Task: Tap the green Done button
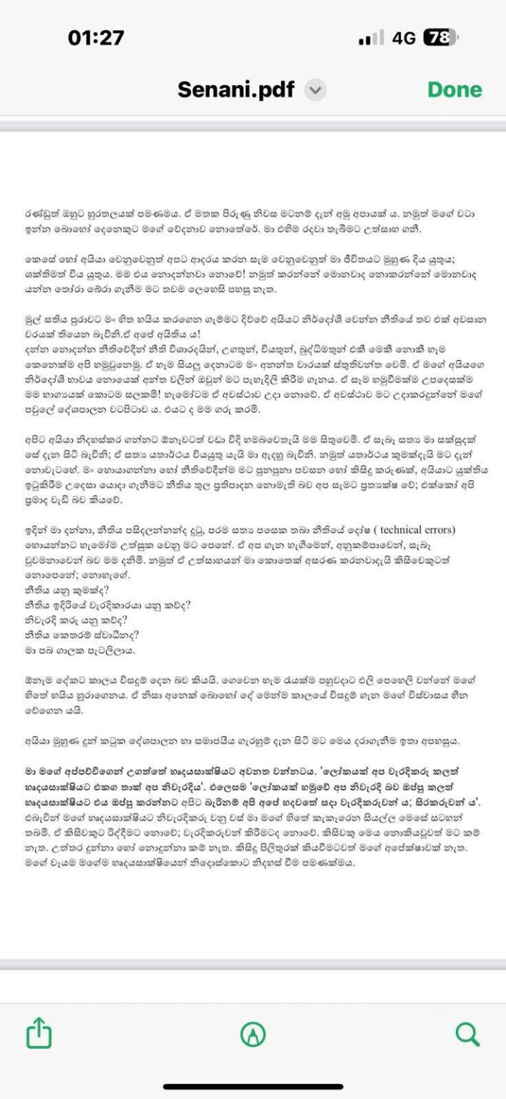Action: tap(454, 89)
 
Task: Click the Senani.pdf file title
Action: tap(235, 89)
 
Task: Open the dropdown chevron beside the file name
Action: tap(316, 90)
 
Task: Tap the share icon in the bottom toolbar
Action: tap(39, 1033)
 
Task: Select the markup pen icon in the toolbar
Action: tap(253, 1033)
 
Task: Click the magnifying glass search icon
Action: tap(467, 1033)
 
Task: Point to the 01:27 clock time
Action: tap(96, 38)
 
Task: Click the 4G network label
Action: tap(404, 38)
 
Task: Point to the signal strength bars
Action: tap(371, 39)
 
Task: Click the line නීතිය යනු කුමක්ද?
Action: tap(63, 590)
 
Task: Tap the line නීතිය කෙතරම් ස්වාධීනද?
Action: tap(71, 635)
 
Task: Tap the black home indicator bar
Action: tap(253, 1087)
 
